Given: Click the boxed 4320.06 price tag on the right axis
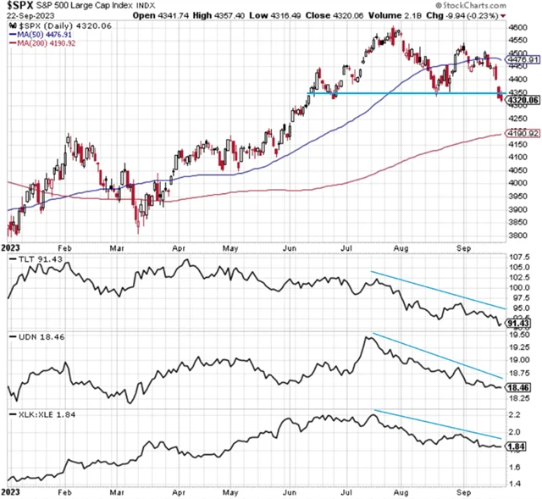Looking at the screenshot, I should tap(523, 101).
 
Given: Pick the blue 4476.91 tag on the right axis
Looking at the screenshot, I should tap(523, 60).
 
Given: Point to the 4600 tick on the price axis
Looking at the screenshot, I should tap(517, 28).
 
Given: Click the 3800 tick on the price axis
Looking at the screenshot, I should tap(517, 235).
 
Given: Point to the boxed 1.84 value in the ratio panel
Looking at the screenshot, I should tap(517, 446).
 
